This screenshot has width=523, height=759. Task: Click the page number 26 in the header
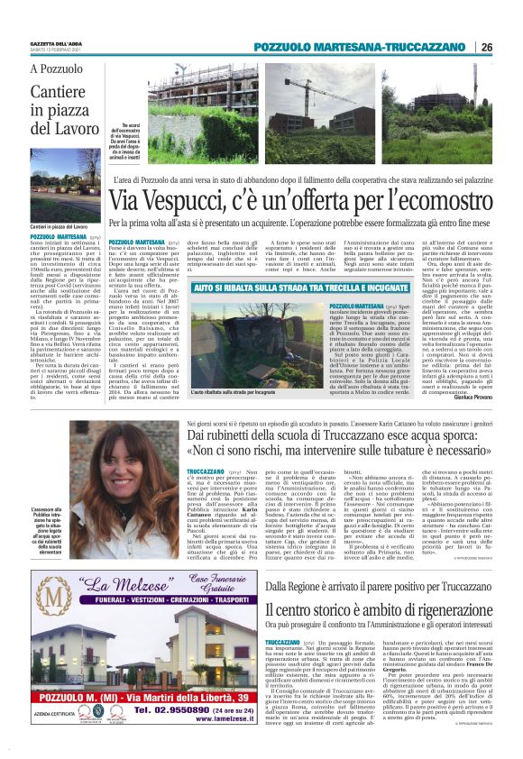point(486,47)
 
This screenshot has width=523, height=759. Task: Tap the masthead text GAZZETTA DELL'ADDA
point(61,43)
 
